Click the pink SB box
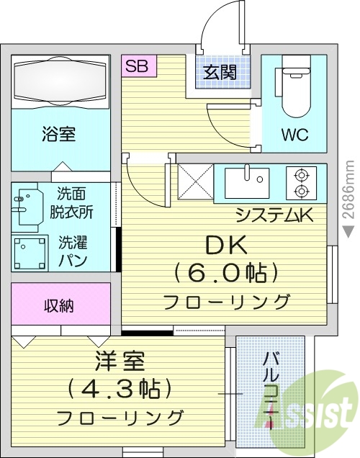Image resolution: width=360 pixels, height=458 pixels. pyautogui.click(x=136, y=66)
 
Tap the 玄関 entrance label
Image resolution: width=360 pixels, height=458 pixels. pyautogui.click(x=219, y=72)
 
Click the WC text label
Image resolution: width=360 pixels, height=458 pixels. pyautogui.click(x=294, y=134)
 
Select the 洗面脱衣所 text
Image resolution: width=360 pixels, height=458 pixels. pyautogui.click(x=75, y=203)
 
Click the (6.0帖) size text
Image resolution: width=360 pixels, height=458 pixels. pyautogui.click(x=226, y=273)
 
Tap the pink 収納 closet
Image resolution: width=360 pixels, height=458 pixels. pyautogui.click(x=60, y=305)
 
